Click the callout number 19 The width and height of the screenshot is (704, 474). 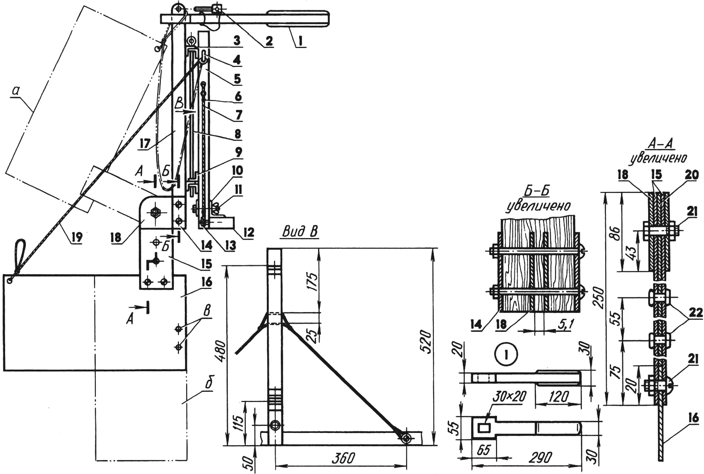(77, 237)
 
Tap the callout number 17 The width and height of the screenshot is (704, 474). (145, 143)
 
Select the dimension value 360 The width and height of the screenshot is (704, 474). (343, 458)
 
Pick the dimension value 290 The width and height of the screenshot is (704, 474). (541, 458)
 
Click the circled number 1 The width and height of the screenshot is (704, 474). (506, 355)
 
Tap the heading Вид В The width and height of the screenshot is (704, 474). (299, 232)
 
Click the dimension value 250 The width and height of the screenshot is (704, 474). (599, 298)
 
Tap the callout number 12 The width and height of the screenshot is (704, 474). (248, 232)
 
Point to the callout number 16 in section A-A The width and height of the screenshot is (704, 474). (693, 418)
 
